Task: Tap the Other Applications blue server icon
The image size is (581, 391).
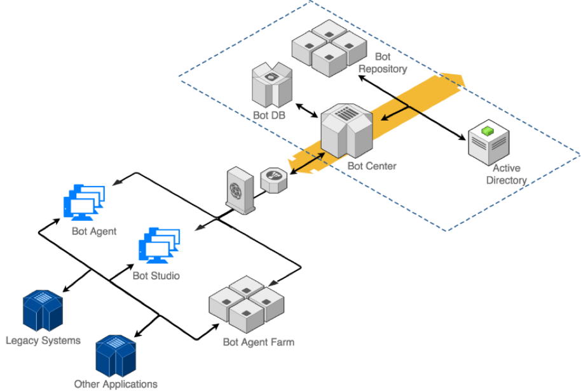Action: tap(115, 355)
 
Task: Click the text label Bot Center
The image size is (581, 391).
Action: tap(372, 166)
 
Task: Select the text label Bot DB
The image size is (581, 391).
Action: tap(269, 116)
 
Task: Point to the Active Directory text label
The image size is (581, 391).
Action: tap(507, 175)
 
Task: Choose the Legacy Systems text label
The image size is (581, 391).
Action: tap(43, 341)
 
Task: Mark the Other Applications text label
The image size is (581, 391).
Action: tap(116, 384)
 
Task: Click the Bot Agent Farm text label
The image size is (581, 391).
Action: tap(259, 342)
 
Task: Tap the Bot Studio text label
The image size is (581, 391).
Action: tap(156, 275)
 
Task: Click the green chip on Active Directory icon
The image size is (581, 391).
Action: tap(487, 131)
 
